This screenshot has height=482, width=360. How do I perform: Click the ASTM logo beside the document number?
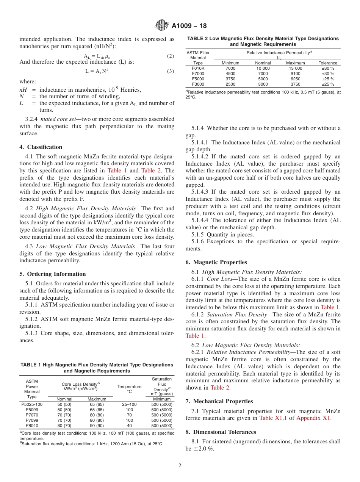coord(162,26)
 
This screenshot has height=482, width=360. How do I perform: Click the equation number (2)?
coord(170,56)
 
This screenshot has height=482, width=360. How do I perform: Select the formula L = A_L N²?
coord(97,71)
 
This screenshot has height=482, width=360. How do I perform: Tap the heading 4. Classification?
coord(41,147)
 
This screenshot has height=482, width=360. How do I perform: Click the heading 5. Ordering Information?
coord(53,274)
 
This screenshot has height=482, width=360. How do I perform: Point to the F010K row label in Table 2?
coord(198,68)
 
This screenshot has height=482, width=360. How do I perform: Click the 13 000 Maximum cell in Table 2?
coord(295,68)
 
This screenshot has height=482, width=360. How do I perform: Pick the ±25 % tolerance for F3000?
coord(328,84)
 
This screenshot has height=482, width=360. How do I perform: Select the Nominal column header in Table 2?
coord(263,63)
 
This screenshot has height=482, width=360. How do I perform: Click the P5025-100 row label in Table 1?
coord(32,405)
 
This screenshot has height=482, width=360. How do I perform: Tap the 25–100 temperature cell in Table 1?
coord(129,405)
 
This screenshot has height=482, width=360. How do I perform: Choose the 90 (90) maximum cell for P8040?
coord(97,426)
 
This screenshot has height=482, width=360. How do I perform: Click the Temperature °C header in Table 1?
coord(129,389)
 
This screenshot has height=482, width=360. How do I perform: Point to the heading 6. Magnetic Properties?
coord(216,262)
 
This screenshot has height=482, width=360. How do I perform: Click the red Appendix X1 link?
coord(313,418)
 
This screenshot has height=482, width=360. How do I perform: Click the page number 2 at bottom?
coord(180,465)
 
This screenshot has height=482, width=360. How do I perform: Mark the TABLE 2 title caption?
coord(263,41)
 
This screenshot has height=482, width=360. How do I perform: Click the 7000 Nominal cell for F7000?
coord(263,74)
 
